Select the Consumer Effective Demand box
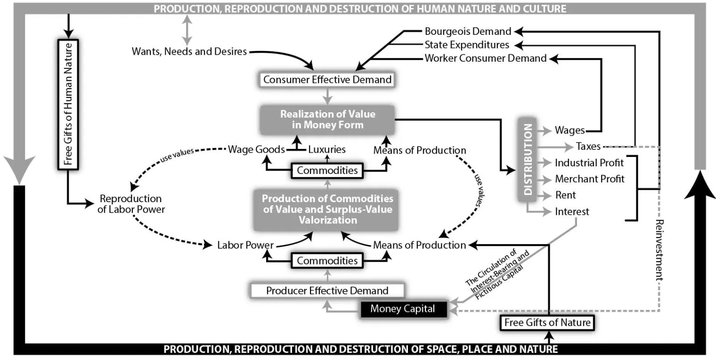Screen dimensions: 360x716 (x=327, y=80)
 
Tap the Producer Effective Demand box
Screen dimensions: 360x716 (x=327, y=291)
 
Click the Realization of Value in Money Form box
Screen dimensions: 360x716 (x=327, y=119)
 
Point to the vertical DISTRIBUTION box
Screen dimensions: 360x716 (x=528, y=160)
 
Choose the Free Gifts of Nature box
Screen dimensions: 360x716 (x=546, y=323)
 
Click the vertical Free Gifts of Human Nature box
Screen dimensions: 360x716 (x=68, y=104)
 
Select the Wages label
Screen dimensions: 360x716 (x=570, y=131)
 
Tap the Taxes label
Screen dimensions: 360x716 (x=588, y=147)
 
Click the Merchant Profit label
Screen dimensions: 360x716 (x=589, y=179)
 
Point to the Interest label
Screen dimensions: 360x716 (x=572, y=212)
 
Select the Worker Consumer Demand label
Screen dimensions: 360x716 (x=486, y=58)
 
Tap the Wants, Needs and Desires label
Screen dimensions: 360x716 (x=189, y=51)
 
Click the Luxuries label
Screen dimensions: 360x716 (x=326, y=149)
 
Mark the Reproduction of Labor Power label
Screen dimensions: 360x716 (x=131, y=204)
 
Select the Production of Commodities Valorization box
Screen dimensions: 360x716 (x=327, y=209)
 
